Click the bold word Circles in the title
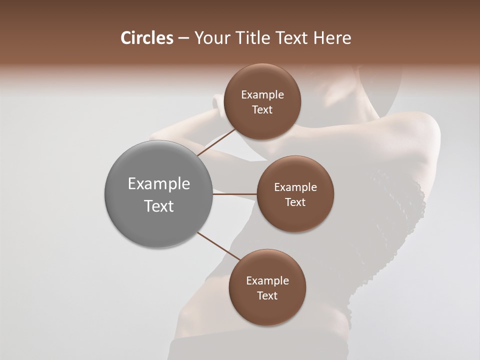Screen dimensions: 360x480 pyautogui.click(x=146, y=38)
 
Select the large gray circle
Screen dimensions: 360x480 pyautogui.click(x=159, y=194)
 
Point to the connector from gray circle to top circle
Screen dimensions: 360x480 pyautogui.click(x=216, y=142)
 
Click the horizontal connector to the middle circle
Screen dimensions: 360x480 pyautogui.click(x=235, y=194)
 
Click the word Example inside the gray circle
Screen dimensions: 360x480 pyautogui.click(x=159, y=184)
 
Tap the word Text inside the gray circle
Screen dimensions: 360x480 pyautogui.click(x=159, y=206)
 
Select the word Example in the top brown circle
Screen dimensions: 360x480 pyautogui.click(x=262, y=95)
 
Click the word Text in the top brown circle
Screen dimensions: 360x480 pyautogui.click(x=262, y=110)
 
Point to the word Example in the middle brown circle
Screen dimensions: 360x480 pyautogui.click(x=295, y=187)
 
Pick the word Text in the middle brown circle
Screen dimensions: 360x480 pyautogui.click(x=295, y=202)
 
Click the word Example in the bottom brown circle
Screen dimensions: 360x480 pyautogui.click(x=267, y=281)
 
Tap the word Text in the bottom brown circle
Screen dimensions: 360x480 pyautogui.click(x=267, y=296)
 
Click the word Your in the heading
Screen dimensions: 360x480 pyautogui.click(x=210, y=38)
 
